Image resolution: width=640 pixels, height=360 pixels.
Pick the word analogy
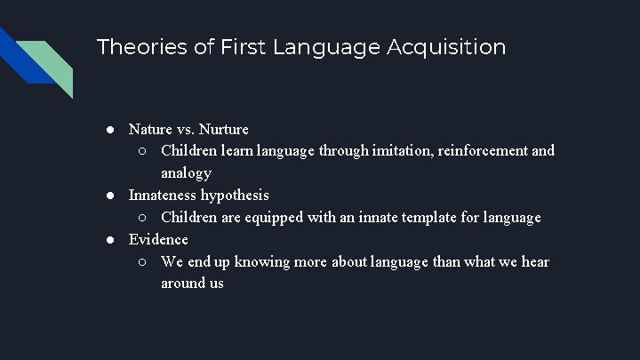[x=186, y=173]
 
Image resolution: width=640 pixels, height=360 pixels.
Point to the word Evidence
[x=158, y=239]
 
